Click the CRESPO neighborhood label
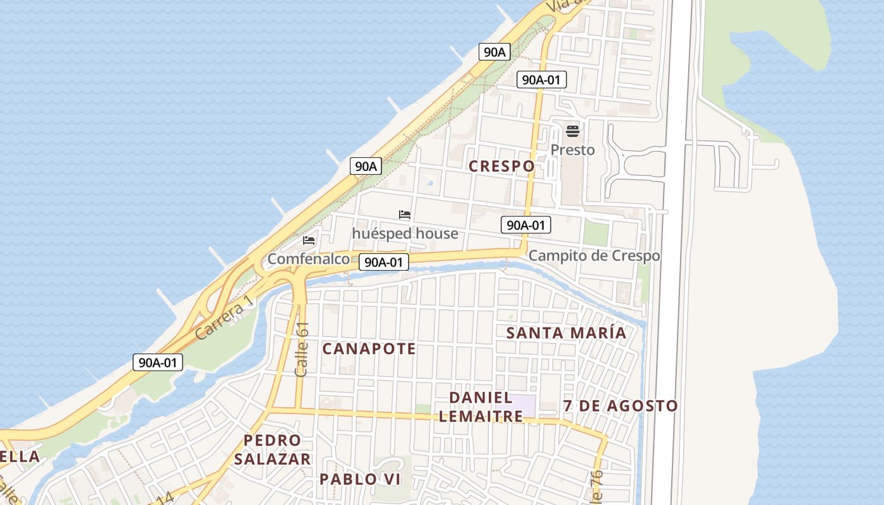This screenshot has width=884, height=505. click(502, 166)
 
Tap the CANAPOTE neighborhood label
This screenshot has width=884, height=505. click(369, 348)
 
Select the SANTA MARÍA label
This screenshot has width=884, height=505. click(566, 333)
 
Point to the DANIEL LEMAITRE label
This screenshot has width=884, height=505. click(481, 407)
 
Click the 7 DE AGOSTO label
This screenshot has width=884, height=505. click(620, 406)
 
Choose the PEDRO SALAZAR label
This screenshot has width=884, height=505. click(273, 449)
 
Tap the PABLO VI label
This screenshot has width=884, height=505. click(360, 479)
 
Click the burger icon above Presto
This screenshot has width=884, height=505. click(573, 131)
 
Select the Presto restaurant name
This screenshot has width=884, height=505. click(573, 150)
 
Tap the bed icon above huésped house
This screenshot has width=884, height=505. click(405, 215)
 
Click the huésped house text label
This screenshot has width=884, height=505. click(405, 234)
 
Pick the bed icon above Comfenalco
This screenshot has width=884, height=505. click(309, 241)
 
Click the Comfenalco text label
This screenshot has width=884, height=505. click(308, 259)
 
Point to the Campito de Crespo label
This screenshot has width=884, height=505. click(594, 256)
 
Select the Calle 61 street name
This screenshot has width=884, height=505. click(302, 350)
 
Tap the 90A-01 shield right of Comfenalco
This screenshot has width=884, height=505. click(384, 262)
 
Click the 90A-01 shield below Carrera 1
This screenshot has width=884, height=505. click(158, 362)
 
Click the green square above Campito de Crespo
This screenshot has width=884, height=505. click(595, 233)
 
